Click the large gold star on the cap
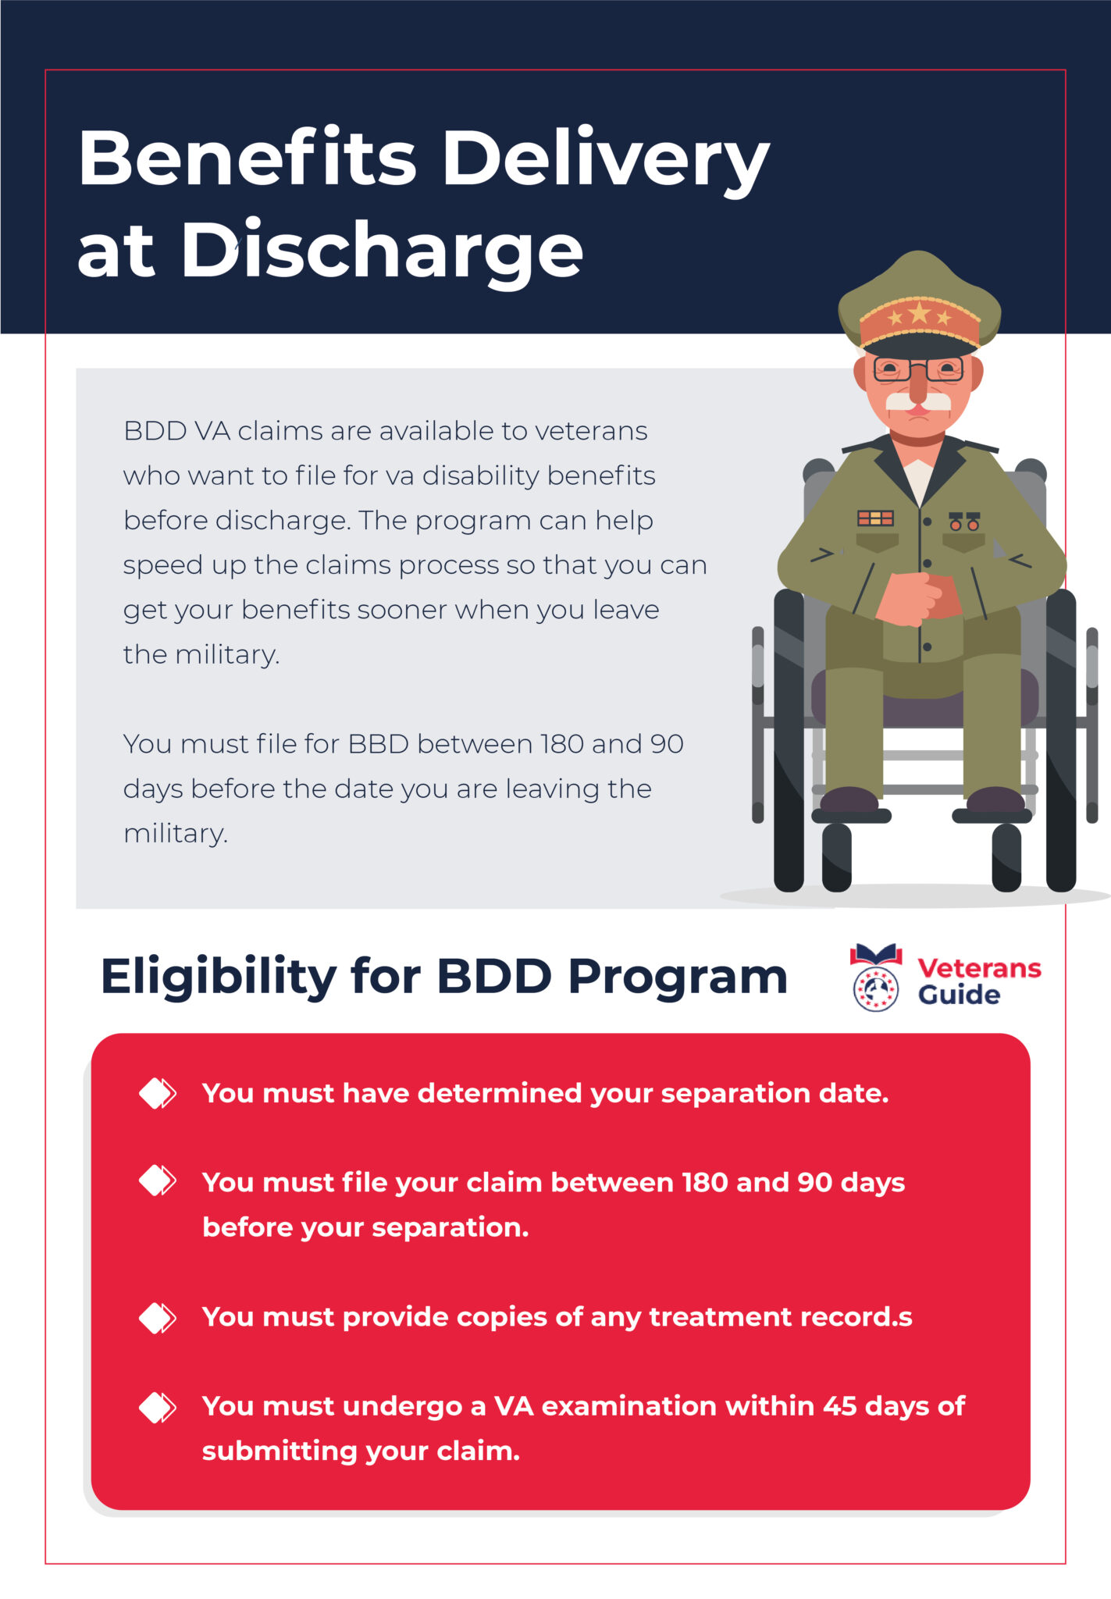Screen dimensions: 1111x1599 [x=920, y=314]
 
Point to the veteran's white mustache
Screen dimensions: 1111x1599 [x=920, y=401]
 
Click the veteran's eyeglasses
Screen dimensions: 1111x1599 [x=918, y=369]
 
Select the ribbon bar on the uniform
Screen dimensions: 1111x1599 [x=875, y=518]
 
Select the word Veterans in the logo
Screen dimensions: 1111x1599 [x=979, y=968]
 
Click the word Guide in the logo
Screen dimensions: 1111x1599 [x=959, y=995]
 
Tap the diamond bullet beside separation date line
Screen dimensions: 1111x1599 [x=158, y=1093]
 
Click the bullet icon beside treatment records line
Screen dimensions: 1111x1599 [x=158, y=1317]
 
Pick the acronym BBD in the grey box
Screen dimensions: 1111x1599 [x=379, y=744]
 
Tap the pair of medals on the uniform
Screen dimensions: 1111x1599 [x=964, y=522]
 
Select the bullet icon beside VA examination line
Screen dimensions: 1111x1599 [x=158, y=1407]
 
